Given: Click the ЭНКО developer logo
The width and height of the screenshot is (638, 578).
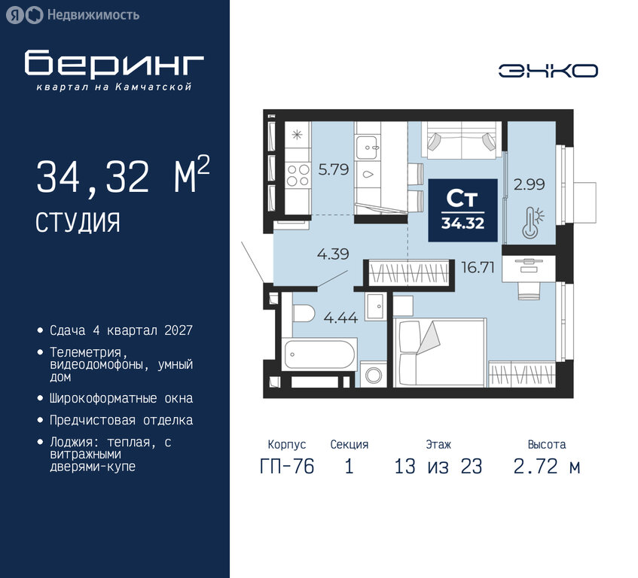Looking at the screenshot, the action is click(x=548, y=71).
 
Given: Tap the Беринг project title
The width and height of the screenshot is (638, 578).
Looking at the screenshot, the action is click(x=114, y=63).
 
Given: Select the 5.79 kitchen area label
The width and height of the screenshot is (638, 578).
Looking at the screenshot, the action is click(x=334, y=169).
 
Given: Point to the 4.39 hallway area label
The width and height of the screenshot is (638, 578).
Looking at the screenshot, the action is click(x=333, y=254).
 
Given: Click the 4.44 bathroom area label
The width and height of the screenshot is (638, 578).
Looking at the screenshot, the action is click(x=341, y=318).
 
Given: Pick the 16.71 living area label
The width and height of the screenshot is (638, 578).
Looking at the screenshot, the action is click(x=478, y=267).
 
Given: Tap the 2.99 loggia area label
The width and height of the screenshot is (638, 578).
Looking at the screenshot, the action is click(x=529, y=184).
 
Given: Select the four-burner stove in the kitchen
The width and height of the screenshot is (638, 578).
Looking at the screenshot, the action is click(x=298, y=175).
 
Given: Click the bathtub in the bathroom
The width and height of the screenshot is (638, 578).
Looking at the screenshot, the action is click(x=319, y=354).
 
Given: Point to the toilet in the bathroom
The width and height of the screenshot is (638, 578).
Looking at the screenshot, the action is click(x=302, y=314).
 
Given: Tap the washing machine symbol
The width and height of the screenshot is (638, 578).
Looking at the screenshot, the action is click(x=374, y=374).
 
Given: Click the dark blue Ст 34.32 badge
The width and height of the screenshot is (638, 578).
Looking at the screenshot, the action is click(x=462, y=210).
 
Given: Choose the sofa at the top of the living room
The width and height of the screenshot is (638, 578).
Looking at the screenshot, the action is click(x=462, y=140).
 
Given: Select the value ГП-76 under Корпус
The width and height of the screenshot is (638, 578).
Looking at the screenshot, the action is click(x=287, y=466).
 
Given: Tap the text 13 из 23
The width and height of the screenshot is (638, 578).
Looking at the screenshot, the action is click(x=438, y=466).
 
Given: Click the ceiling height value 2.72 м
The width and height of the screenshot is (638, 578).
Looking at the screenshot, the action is click(x=546, y=466).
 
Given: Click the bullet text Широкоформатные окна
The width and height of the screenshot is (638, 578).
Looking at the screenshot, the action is click(x=121, y=398).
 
